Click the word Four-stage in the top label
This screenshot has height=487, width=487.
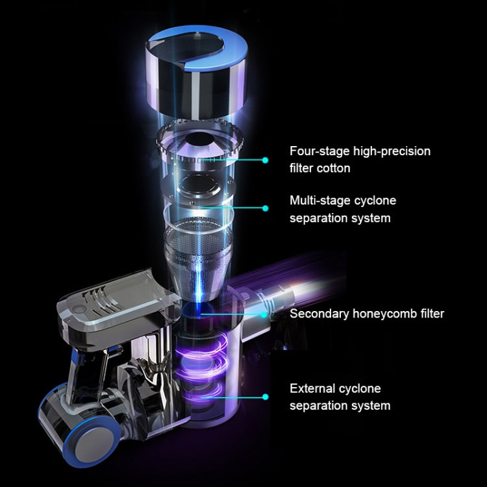pyautogui.click(x=319, y=151)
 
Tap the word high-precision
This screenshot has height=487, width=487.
pyautogui.click(x=392, y=151)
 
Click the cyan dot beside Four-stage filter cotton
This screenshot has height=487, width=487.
pyautogui.click(x=265, y=160)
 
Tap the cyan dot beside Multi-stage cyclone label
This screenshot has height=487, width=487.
pyautogui.click(x=265, y=208)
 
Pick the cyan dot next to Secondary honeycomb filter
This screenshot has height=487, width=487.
pyautogui.click(x=264, y=315)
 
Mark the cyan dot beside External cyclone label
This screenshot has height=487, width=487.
pyautogui.click(x=265, y=397)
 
